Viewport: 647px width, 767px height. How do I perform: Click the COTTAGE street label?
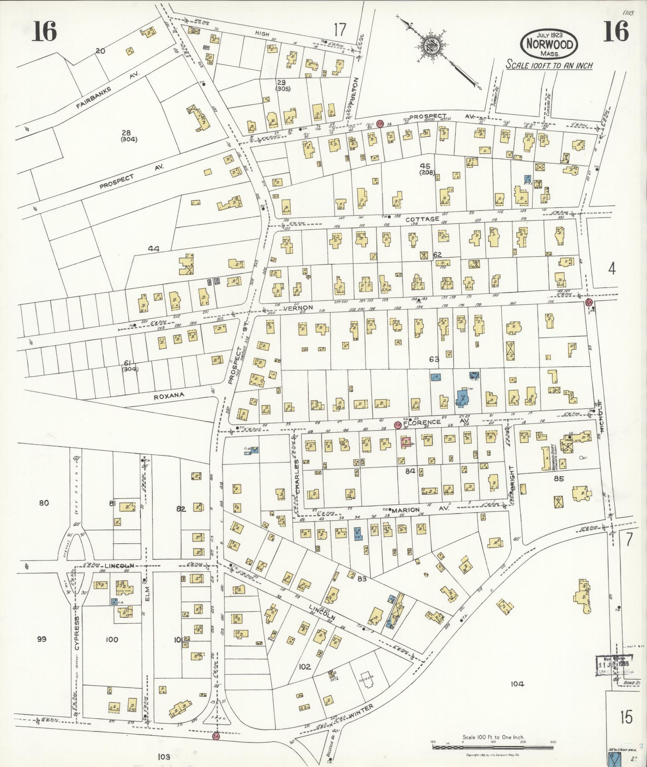click(x=422, y=219)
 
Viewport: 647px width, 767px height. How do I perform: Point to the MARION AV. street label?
click(x=420, y=510)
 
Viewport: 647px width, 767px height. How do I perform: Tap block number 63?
click(x=434, y=360)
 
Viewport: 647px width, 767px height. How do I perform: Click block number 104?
click(x=517, y=684)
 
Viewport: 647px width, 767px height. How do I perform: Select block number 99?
click(x=42, y=639)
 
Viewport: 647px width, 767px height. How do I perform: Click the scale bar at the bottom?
click(x=493, y=746)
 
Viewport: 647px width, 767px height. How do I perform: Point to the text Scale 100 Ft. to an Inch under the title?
click(x=549, y=65)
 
